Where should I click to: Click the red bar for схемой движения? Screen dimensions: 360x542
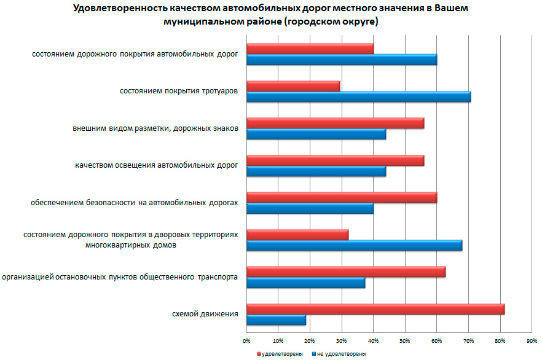(375, 309)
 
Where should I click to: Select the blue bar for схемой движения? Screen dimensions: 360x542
(276, 320)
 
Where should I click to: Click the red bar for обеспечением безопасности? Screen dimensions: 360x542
(341, 197)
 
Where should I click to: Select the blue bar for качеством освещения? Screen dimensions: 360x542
(316, 171)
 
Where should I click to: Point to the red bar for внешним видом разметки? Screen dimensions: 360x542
(335, 123)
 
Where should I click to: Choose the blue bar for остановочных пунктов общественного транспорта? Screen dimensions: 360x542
(305, 283)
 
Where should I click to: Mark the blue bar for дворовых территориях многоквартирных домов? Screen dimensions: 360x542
(354, 246)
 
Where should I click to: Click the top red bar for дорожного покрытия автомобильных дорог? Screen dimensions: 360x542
(310, 49)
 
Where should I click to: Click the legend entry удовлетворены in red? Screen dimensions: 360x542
(281, 354)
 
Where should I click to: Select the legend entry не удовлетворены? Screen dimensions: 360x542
(340, 354)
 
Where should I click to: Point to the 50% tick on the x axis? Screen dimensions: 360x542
(404, 340)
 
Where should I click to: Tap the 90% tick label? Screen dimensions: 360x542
(532, 340)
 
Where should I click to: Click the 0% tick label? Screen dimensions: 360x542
(246, 340)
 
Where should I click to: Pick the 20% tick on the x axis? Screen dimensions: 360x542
(309, 340)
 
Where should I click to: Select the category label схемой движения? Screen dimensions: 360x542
(205, 314)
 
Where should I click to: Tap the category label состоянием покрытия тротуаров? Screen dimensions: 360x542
(179, 91)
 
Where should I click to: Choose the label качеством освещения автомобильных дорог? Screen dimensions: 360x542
(156, 165)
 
